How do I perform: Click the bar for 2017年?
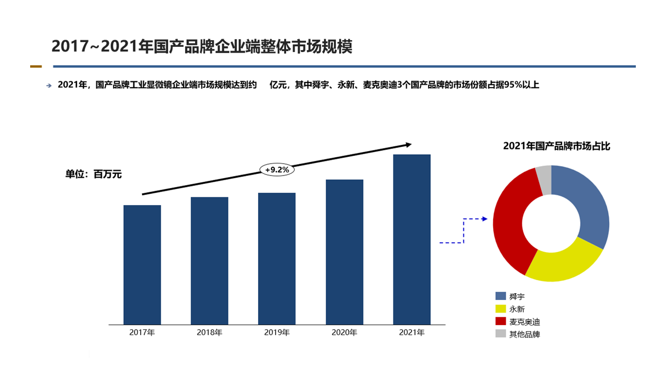[x=142, y=265]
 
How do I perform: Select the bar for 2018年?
[x=209, y=260]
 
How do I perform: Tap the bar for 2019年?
[x=276, y=258]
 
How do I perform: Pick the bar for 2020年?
[x=344, y=252]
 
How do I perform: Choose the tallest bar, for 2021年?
[x=412, y=240]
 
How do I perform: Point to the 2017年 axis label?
[x=142, y=332]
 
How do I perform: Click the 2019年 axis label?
[x=276, y=332]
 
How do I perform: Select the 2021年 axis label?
[x=412, y=332]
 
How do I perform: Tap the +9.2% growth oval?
[x=277, y=170]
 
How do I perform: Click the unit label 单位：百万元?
[x=93, y=175]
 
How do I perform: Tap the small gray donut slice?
[x=544, y=178]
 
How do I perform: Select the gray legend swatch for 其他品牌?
[x=501, y=334]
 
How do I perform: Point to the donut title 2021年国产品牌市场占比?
[x=556, y=146]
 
